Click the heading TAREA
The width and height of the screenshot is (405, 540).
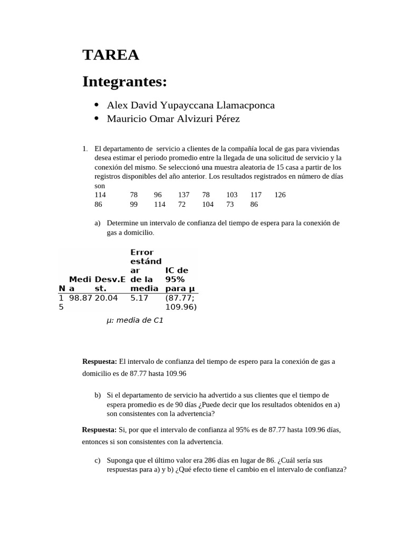point(111,55)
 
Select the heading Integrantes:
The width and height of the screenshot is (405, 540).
point(124,82)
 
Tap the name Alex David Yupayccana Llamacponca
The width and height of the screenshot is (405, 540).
point(190,105)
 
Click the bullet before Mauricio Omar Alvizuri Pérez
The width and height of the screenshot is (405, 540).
point(97,119)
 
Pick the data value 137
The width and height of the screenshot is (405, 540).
point(184,195)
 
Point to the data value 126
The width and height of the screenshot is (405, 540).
point(280,195)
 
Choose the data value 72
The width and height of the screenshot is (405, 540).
point(182,204)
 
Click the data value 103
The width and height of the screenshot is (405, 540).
point(232,195)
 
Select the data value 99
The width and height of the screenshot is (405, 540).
point(134,204)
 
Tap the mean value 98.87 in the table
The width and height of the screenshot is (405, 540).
point(81,298)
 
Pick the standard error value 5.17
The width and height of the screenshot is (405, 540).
point(139,298)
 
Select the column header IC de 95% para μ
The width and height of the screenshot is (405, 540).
point(180,279)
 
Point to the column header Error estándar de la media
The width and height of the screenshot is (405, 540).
point(146,271)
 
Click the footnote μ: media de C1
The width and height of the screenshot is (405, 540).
point(134,320)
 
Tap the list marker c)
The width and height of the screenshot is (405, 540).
point(98,460)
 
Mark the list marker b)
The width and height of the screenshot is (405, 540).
point(98,395)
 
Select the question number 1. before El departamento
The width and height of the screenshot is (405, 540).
point(85,149)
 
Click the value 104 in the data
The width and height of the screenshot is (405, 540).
point(208,204)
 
